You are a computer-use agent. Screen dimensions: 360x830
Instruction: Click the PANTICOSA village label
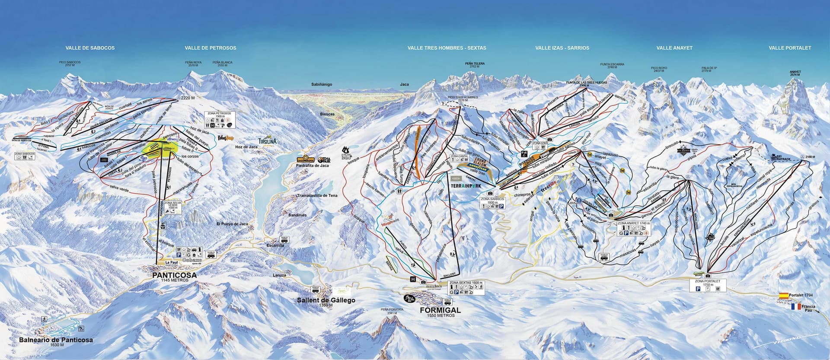click(x=174, y=275)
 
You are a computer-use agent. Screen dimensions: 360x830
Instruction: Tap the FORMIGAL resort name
click(x=440, y=310)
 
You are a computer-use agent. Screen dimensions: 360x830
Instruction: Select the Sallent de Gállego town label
click(x=326, y=300)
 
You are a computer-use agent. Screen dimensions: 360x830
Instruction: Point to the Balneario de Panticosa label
click(x=56, y=340)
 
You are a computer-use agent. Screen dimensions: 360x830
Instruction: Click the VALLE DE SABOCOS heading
click(x=90, y=48)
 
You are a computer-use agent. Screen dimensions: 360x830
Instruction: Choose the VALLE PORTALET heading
click(x=790, y=48)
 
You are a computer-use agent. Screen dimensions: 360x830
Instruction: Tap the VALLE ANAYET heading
click(x=674, y=48)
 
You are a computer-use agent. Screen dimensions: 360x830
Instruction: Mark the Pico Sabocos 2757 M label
click(x=70, y=64)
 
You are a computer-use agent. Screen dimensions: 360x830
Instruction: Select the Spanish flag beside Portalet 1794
click(x=783, y=296)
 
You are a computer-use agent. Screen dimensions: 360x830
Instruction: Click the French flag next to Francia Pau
click(x=795, y=306)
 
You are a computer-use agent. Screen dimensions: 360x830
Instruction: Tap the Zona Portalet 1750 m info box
click(x=708, y=286)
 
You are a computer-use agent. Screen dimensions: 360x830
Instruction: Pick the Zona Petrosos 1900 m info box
click(x=219, y=120)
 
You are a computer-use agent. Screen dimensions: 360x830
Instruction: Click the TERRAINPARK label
click(x=465, y=185)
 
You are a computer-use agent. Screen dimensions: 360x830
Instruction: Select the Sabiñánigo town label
click(x=322, y=84)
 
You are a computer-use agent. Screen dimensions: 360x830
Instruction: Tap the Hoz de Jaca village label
click(x=246, y=147)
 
